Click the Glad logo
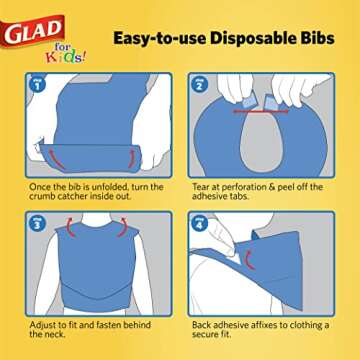point(32,31)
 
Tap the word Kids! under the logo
point(65,57)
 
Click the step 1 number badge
point(38,84)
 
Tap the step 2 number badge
point(200,84)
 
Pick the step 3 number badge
point(38,223)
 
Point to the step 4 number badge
point(200,223)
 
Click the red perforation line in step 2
point(261,111)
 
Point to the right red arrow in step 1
point(131,158)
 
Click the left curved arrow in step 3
point(72,227)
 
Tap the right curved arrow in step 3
point(121,227)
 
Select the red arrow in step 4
point(250,259)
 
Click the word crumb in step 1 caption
point(42,196)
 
